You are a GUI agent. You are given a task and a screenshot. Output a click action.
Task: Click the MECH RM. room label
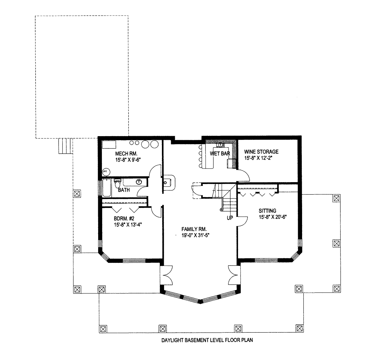point(126,153)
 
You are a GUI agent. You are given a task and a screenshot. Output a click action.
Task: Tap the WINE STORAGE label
point(261,152)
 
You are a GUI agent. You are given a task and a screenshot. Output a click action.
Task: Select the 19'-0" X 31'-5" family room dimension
point(195,236)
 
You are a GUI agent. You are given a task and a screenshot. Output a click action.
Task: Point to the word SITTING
point(267,211)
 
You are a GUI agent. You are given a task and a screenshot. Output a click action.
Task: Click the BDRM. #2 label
point(124,219)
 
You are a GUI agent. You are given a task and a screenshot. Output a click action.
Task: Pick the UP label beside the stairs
point(230,218)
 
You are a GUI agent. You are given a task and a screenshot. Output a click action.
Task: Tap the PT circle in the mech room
point(105,172)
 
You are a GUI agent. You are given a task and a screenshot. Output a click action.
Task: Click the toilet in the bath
point(118,183)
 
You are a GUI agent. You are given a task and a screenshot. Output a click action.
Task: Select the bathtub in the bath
point(107,188)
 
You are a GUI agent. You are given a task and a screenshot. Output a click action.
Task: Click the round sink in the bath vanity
point(139,182)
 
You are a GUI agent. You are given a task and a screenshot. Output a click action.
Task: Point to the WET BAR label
point(220,154)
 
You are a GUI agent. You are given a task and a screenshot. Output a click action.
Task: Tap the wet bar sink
point(220,145)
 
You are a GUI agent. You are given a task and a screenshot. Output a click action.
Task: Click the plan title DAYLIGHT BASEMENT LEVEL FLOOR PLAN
point(207,340)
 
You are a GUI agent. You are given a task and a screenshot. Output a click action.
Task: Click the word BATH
point(124,190)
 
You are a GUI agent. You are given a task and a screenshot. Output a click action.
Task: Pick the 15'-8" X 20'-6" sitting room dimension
point(273,217)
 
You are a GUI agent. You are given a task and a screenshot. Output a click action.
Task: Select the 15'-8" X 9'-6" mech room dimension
point(128,160)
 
